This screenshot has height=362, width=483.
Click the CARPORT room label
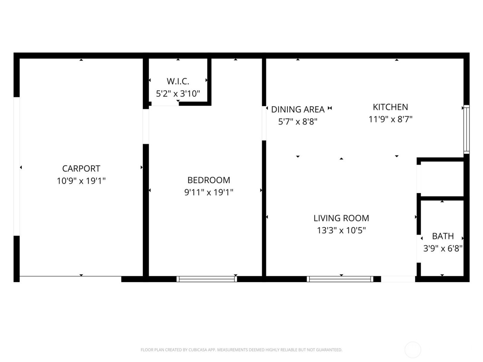point(81,169)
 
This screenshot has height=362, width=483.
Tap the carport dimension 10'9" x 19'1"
point(81,181)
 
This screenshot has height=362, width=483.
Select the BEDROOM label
point(209,180)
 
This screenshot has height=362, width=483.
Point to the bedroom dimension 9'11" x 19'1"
point(209,192)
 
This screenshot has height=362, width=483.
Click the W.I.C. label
point(178,81)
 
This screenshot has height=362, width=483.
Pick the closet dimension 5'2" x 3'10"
point(178,94)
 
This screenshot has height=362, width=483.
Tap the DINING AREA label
point(298,110)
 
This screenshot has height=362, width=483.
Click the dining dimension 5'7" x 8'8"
point(298,122)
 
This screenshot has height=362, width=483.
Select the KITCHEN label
point(390,107)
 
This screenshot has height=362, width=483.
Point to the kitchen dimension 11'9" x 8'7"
point(390,119)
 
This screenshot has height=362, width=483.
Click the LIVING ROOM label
point(341,218)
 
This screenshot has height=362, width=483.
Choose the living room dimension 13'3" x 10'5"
point(341,230)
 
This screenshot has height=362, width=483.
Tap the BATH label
point(443,236)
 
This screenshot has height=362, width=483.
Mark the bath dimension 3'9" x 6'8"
point(443,249)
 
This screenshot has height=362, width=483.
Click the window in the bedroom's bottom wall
point(207,279)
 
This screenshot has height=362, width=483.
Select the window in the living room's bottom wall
point(340,279)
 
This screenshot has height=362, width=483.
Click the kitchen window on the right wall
point(466,129)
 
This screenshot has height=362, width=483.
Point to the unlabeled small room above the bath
point(442,179)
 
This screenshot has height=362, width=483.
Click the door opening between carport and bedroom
point(146,126)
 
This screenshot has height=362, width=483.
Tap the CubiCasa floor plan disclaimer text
point(241,350)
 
